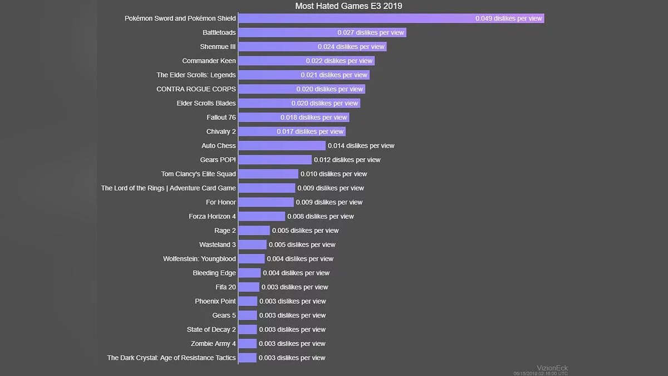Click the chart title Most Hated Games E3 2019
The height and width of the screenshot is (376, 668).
348,6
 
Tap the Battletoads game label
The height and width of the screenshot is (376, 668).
219,32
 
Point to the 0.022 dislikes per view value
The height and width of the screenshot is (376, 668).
339,61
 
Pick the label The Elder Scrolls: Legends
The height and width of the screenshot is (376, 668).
196,75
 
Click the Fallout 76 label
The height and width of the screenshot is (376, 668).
221,118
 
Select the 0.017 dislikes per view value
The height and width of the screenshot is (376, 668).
310,131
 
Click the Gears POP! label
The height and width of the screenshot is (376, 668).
218,160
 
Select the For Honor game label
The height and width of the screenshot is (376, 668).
221,202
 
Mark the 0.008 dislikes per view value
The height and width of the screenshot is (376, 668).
321,216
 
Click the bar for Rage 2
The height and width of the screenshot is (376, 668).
254,231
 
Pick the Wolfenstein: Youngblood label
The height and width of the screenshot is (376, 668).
199,258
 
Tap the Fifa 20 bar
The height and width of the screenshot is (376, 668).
249,287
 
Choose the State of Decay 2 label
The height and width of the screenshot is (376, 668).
212,329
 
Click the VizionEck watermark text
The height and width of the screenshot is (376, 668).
552,368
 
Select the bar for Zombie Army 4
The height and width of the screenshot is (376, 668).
248,344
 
